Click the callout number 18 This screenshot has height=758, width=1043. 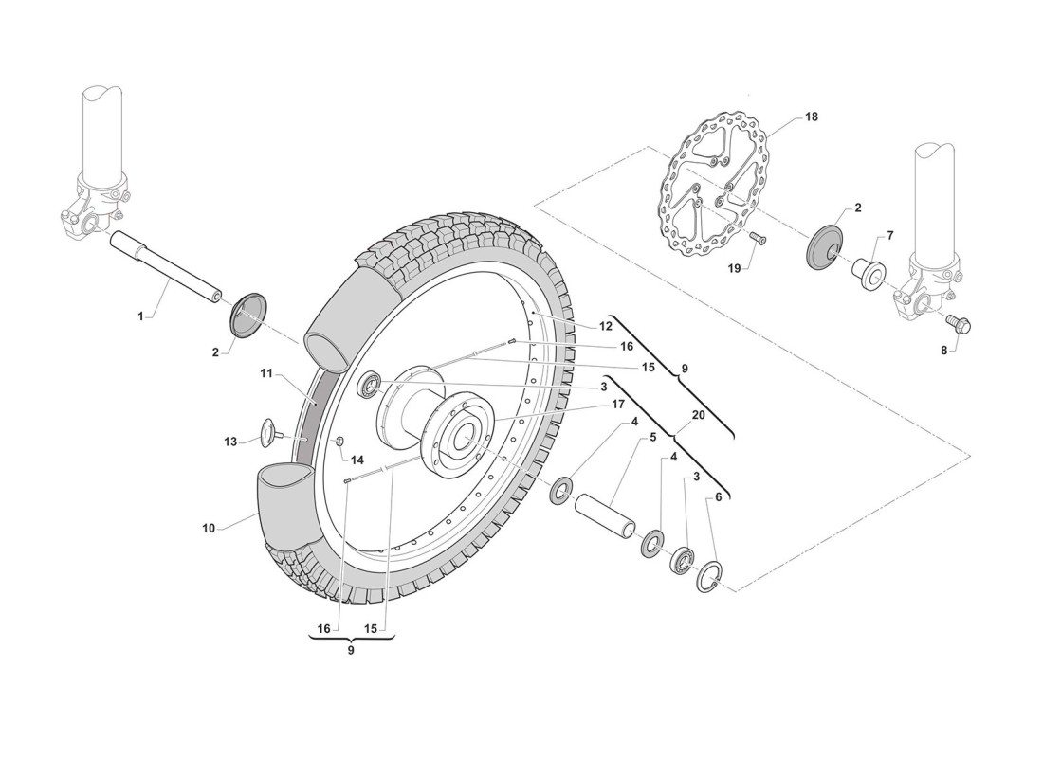tap(811, 117)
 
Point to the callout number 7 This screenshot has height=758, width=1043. tap(890, 234)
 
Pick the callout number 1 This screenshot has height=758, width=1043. tap(141, 316)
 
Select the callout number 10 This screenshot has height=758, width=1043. tap(209, 528)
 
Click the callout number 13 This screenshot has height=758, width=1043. tap(229, 441)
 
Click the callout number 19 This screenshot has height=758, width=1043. tap(734, 269)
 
